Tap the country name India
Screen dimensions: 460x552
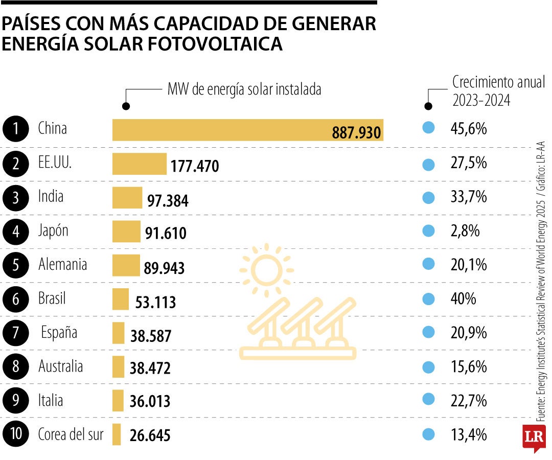click(x=51, y=196)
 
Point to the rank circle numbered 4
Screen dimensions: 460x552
click(x=15, y=232)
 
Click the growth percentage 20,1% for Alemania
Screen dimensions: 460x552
click(x=469, y=265)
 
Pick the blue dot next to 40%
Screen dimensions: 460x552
click(x=428, y=298)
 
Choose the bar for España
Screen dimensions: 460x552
click(x=118, y=333)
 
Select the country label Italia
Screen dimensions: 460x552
click(x=51, y=400)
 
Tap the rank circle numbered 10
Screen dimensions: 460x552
click(x=15, y=434)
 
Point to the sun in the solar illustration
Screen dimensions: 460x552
click(x=266, y=270)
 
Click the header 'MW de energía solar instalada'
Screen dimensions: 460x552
click(x=244, y=90)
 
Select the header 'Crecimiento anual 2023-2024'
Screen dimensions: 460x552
click(x=498, y=91)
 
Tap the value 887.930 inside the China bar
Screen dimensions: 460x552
click(x=356, y=133)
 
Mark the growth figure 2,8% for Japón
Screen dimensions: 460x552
click(x=465, y=231)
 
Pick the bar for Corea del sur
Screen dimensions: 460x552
click(x=117, y=434)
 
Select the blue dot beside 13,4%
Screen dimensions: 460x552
click(x=428, y=434)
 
